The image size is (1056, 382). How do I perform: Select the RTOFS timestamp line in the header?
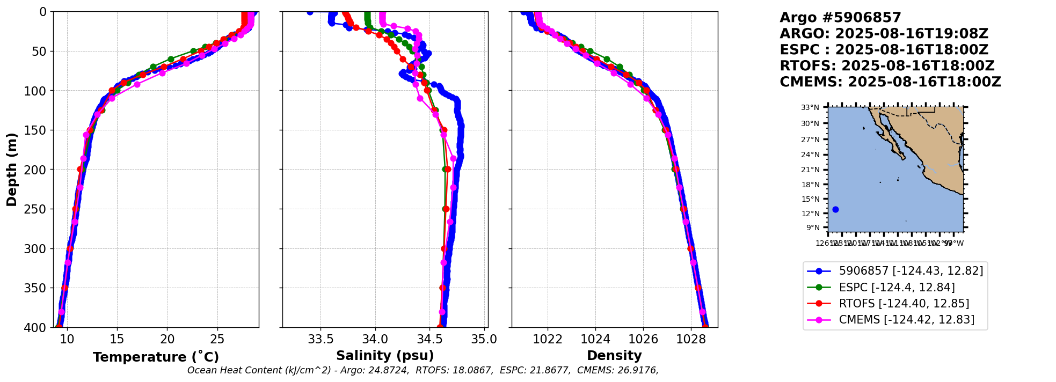[887, 66]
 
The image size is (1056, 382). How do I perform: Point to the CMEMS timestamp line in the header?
[890, 82]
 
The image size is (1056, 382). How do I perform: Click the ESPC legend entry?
[897, 288]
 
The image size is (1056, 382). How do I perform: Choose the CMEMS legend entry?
[906, 320]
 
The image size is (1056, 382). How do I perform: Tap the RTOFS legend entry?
[904, 304]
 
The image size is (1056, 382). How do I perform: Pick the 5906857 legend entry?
[911, 271]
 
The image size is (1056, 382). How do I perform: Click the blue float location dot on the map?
[835, 209]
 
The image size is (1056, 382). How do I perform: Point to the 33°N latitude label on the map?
[810, 108]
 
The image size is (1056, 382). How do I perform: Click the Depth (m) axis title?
[12, 169]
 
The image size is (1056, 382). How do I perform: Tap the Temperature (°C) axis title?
[156, 357]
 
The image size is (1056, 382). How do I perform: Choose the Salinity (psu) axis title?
[385, 356]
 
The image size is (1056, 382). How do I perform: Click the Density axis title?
[614, 356]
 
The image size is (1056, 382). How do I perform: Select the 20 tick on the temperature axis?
[167, 339]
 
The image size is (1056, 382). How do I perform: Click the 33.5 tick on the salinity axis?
[321, 339]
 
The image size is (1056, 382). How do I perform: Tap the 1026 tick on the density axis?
[643, 339]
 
